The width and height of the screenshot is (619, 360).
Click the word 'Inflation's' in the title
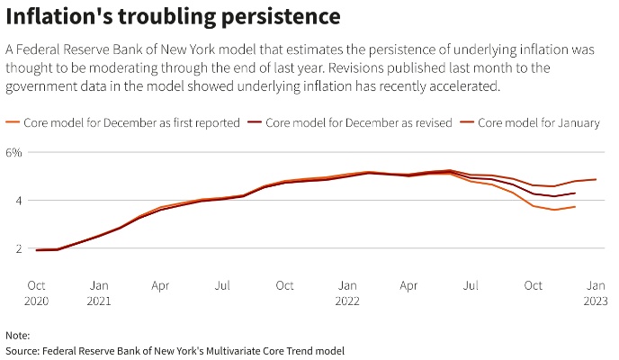click(x=57, y=17)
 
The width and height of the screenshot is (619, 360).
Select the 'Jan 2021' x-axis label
click(x=99, y=292)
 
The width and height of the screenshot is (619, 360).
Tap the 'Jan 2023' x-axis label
click(x=596, y=292)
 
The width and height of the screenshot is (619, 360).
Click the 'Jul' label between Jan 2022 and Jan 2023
click(x=471, y=285)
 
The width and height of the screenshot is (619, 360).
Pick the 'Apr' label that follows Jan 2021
click(x=161, y=285)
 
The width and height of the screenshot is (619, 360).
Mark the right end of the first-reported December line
click(x=576, y=207)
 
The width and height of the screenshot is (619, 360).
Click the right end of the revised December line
click(x=576, y=193)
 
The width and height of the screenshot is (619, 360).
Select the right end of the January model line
click(x=596, y=179)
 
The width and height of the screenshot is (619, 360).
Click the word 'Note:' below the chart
click(x=17, y=334)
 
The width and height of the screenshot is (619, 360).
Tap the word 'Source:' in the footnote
click(x=22, y=350)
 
